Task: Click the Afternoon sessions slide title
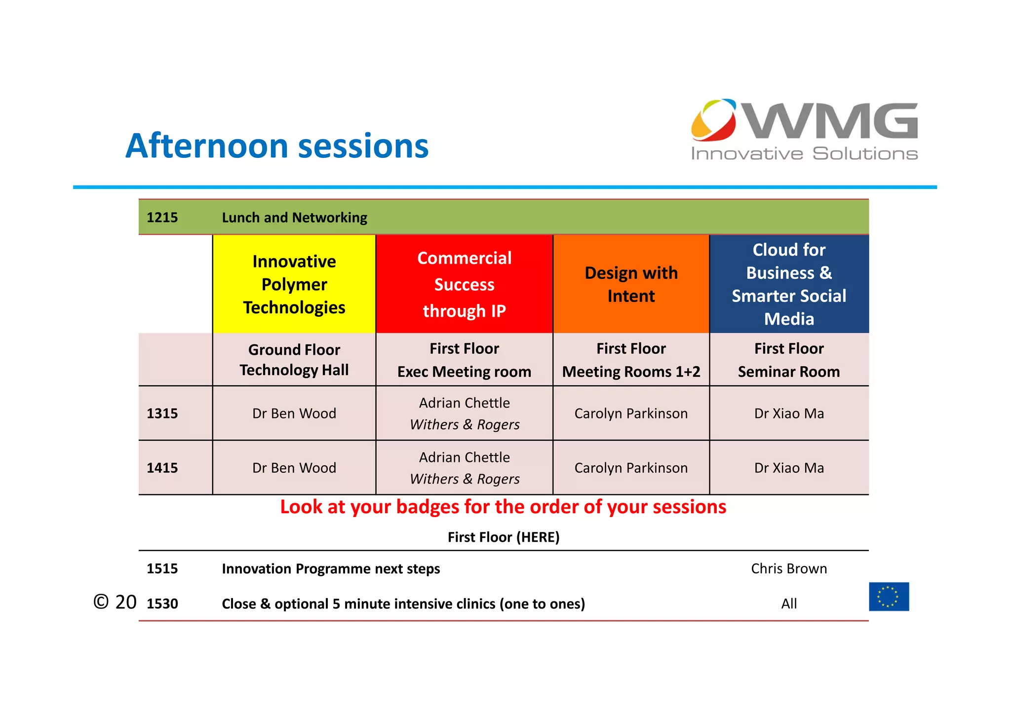coord(276,146)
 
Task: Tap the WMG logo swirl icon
coord(713,120)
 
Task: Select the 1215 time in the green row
coord(162,218)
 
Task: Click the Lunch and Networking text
coord(294,218)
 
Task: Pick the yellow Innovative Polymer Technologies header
coord(294,284)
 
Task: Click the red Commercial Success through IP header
coord(464,284)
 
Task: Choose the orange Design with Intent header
coord(631,284)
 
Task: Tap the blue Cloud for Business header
coord(789,284)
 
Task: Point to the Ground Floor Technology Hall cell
coord(294,360)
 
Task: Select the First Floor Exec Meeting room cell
coord(464,360)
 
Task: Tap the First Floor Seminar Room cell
coord(789,360)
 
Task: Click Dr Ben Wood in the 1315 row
coord(294,413)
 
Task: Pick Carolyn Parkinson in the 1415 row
coord(631,468)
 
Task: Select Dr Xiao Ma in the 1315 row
coord(789,413)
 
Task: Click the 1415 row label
coord(162,468)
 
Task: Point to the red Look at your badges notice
coord(503,507)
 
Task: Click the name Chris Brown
coord(789,568)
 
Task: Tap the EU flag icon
coord(889,597)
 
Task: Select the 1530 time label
coord(162,603)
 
